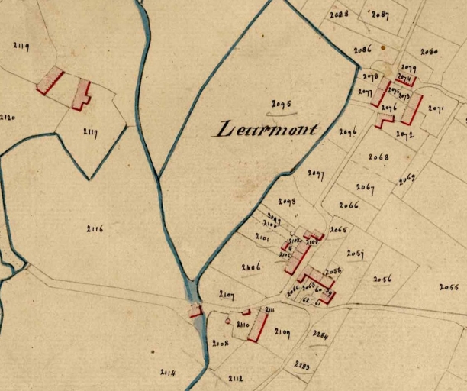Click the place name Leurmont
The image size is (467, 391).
(x=266, y=128)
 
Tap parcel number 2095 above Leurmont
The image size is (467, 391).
(x=282, y=104)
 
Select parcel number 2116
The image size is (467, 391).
(x=95, y=228)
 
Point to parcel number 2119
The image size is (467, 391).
(x=21, y=47)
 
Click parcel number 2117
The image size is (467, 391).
(x=90, y=132)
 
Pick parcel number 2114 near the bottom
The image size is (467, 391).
(x=168, y=372)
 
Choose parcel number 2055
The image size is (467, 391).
(x=449, y=287)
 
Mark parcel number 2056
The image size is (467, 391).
(x=382, y=280)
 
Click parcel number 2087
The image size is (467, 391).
(x=380, y=15)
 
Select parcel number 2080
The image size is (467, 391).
(x=429, y=53)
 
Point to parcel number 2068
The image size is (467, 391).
(x=378, y=157)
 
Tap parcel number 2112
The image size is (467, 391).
(x=236, y=378)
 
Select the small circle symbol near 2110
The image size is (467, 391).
(x=227, y=322)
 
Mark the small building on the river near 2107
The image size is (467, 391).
(x=195, y=310)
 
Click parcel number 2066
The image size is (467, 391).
(x=349, y=205)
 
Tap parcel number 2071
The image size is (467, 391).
(x=436, y=109)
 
